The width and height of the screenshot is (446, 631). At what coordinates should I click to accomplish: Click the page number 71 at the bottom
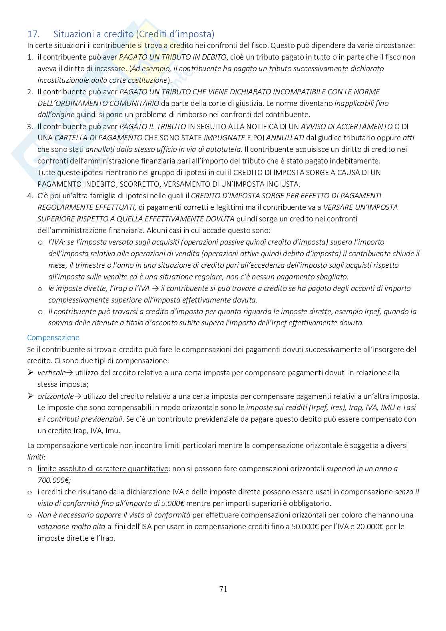coord(223,589)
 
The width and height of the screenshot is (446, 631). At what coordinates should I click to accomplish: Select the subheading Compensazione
coord(53,338)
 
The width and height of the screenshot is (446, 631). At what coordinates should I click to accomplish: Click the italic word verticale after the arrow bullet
coord(52,373)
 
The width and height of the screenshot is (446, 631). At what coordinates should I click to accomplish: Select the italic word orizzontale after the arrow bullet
coord(56,396)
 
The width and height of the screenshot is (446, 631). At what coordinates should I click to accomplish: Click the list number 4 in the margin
coord(30,196)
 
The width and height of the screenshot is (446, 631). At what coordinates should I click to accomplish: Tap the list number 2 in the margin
coord(30,92)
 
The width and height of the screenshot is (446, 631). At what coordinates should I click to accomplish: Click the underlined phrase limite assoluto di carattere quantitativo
coord(103,469)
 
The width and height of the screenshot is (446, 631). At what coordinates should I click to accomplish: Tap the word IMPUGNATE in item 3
coord(224,138)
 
